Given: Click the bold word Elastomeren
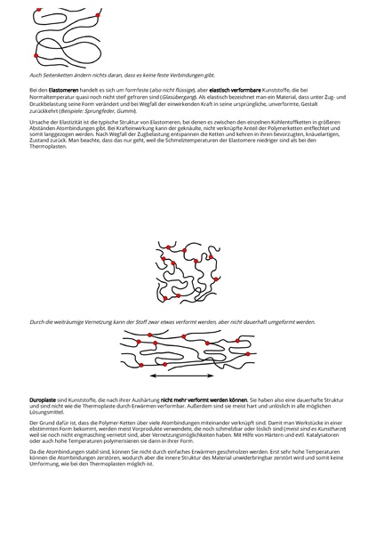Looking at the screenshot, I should click(63, 90).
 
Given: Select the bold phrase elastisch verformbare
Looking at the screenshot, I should click(208, 90).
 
